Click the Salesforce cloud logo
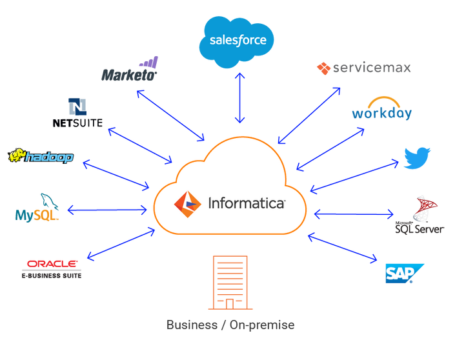click(x=236, y=42)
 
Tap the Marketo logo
click(x=130, y=69)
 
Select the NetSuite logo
click(x=77, y=113)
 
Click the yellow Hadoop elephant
click(x=17, y=155)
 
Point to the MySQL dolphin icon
click(x=49, y=201)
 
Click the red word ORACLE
click(x=52, y=264)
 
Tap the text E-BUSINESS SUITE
click(x=52, y=275)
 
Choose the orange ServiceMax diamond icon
click(x=323, y=68)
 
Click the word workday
click(x=382, y=113)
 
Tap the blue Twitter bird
click(x=417, y=158)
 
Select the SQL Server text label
click(x=420, y=229)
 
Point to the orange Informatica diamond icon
click(x=187, y=205)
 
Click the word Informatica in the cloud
click(x=247, y=203)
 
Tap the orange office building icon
click(x=230, y=283)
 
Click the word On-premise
click(x=262, y=325)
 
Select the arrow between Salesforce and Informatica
click(x=239, y=98)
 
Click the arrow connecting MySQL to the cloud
click(x=107, y=210)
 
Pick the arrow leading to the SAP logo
click(x=343, y=248)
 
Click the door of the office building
click(x=230, y=304)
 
